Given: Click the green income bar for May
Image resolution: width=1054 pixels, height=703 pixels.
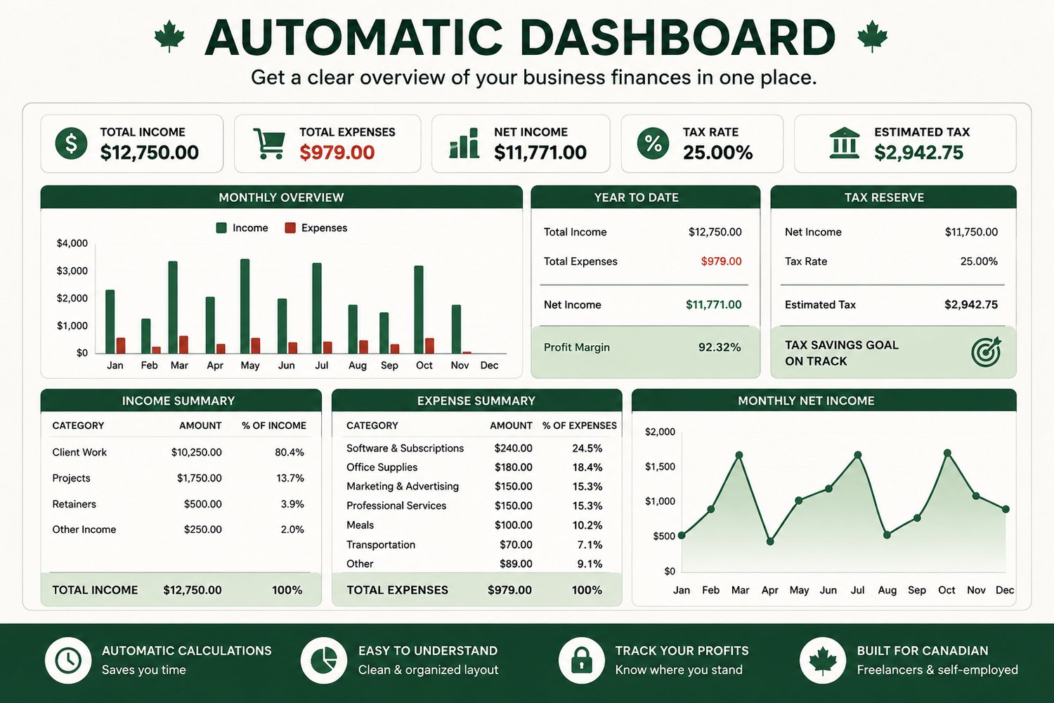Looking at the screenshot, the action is point(245,306).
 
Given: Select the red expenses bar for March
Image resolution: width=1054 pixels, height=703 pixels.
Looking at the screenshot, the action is point(183,344).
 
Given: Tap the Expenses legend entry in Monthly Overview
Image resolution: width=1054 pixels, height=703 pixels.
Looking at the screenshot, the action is point(316,228).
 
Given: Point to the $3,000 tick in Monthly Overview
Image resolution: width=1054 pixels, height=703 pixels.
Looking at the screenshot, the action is point(72,271).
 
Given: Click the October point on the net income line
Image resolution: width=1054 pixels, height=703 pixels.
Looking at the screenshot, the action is point(947,453).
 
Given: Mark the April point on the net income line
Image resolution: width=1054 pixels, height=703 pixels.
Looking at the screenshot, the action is point(770,541).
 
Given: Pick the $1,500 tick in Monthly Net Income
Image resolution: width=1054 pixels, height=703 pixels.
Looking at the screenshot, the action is point(660,467).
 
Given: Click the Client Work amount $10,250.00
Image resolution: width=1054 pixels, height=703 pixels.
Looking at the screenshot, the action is point(196,453).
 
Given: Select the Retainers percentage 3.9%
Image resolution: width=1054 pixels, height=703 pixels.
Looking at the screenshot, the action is point(292,504).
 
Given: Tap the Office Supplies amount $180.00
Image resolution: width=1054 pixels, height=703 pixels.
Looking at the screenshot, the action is point(514,467).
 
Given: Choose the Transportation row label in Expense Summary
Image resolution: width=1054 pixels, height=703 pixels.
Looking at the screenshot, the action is point(381,545).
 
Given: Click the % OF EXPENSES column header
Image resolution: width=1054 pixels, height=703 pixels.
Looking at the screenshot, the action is point(579,425).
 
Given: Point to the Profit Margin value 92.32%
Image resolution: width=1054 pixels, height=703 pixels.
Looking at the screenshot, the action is point(720,347).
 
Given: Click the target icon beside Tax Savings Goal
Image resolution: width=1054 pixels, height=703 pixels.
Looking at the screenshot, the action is point(987,351).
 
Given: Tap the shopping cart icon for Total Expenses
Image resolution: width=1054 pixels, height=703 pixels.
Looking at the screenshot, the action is point(268,143).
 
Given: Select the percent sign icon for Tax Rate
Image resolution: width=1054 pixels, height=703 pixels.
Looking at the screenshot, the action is point(653,143).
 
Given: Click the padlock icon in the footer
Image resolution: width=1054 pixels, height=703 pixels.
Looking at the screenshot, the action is point(582,660).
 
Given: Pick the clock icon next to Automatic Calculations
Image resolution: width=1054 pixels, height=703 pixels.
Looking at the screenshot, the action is point(68,660).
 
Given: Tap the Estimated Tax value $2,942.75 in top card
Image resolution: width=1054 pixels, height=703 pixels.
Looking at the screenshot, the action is point(918,153).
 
